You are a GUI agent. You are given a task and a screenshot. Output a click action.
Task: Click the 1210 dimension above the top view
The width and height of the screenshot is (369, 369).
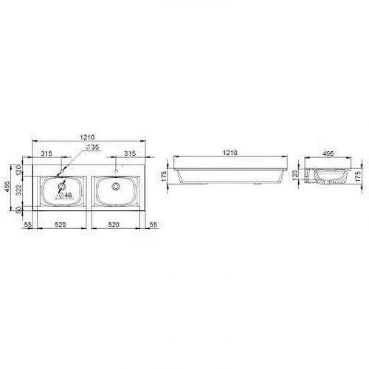click(x=88, y=137)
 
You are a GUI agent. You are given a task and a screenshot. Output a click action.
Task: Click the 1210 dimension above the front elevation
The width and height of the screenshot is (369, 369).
click(x=229, y=153)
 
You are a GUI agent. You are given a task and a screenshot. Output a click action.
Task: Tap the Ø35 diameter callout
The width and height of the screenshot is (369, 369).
click(x=93, y=148)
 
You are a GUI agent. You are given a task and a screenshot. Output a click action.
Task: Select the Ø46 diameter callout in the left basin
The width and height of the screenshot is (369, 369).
click(x=64, y=196)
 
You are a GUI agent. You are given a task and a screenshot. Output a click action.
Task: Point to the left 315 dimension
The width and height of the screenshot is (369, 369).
click(x=46, y=154)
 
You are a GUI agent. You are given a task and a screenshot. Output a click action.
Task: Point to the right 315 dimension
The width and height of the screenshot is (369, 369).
click(x=130, y=154)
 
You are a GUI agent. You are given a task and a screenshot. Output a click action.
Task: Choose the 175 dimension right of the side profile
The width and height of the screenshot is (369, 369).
click(x=359, y=178)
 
